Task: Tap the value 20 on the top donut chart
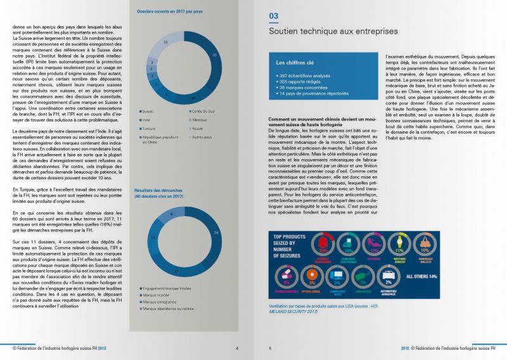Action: click(x=215, y=56)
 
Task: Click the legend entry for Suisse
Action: click(x=150, y=110)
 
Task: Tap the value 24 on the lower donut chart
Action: click(x=216, y=233)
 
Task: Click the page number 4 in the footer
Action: click(x=237, y=348)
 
